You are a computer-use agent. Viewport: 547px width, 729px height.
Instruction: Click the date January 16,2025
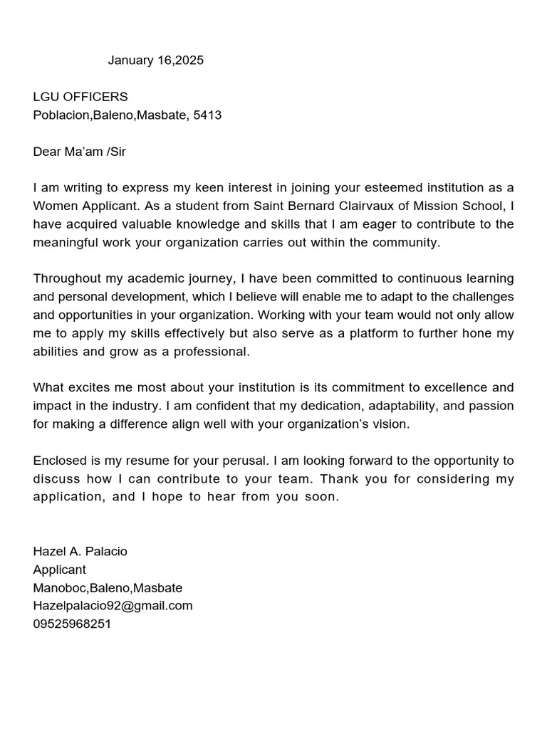tap(155, 61)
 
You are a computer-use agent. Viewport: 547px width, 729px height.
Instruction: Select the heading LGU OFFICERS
tap(80, 97)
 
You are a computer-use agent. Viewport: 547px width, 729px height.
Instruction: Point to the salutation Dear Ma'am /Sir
tap(79, 152)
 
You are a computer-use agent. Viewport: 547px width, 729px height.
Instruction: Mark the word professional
tap(212, 352)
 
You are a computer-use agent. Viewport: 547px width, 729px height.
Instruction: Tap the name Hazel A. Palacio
tap(80, 552)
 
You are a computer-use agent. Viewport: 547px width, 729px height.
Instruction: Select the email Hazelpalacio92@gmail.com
tap(113, 606)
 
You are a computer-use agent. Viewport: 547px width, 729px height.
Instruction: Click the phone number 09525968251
tap(72, 624)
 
